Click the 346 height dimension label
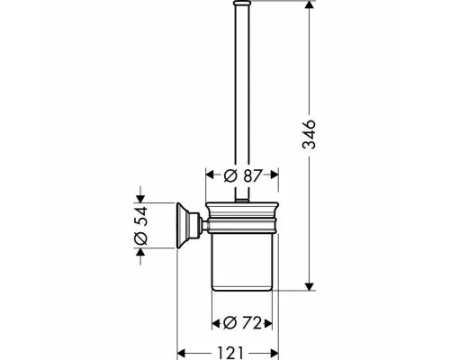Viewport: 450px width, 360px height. point(309,134)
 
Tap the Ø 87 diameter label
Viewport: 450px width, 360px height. point(243,175)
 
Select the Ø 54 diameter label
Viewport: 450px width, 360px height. point(140,226)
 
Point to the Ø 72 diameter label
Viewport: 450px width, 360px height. point(242,323)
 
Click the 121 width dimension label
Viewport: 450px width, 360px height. point(230,353)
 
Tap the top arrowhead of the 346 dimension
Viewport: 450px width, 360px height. point(310,4)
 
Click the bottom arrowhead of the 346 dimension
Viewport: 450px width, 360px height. point(310,286)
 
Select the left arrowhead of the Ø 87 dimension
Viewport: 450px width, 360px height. point(210,175)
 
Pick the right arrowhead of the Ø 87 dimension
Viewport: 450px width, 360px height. point(274,175)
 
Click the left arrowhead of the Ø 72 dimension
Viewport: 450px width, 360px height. point(216,323)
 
